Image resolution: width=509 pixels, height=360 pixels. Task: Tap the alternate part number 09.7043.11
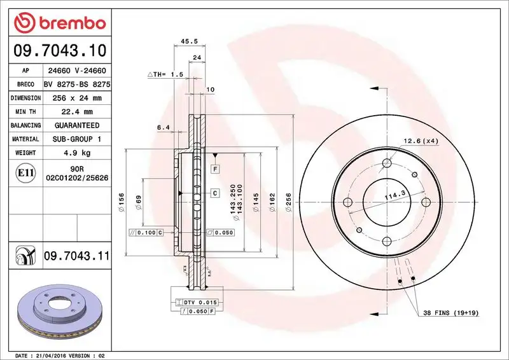(76, 256)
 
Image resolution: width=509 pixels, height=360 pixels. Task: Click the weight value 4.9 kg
(76, 153)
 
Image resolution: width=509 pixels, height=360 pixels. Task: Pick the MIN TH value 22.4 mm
(76, 112)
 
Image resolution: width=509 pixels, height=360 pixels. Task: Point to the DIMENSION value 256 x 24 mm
(76, 98)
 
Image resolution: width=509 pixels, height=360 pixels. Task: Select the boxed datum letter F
(216, 169)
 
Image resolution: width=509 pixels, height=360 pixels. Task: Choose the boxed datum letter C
(215, 193)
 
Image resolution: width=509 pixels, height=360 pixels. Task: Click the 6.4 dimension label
(162, 127)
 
